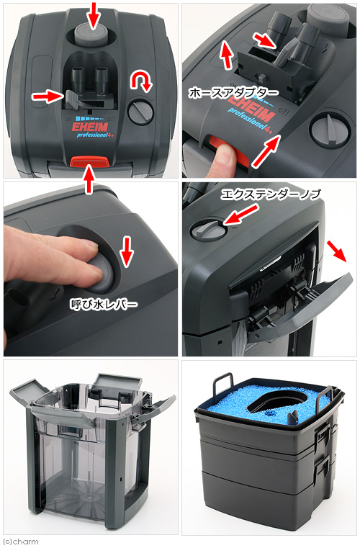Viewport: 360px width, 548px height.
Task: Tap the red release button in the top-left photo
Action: click(x=90, y=161)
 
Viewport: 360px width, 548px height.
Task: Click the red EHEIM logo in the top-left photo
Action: click(x=90, y=127)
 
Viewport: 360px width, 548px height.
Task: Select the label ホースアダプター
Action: click(x=233, y=93)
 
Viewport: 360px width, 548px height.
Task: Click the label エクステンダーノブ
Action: click(x=271, y=194)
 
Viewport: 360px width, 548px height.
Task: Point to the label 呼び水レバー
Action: click(x=104, y=305)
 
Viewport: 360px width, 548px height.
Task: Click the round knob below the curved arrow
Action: click(x=140, y=112)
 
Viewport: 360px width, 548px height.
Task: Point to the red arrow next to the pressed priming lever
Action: click(x=127, y=252)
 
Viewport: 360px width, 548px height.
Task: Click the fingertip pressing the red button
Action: click(x=225, y=157)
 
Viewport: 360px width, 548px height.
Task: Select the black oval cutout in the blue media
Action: click(x=276, y=402)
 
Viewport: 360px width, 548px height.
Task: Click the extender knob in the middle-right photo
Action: click(x=208, y=230)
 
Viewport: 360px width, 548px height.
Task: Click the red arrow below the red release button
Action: click(x=89, y=179)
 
